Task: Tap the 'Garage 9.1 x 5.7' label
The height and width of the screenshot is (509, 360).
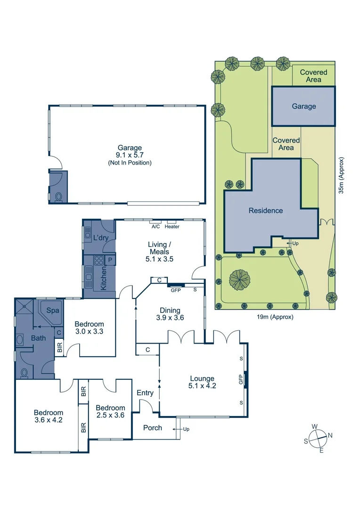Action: pyautogui.click(x=130, y=155)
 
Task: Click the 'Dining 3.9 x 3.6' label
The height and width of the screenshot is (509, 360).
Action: pyautogui.click(x=170, y=314)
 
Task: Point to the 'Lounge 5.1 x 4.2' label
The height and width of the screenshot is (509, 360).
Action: pyautogui.click(x=202, y=382)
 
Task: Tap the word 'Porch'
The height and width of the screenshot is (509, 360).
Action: pyautogui.click(x=152, y=428)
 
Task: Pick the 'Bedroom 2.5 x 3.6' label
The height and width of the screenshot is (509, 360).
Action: pyautogui.click(x=110, y=411)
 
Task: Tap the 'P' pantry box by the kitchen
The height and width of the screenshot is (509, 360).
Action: pyautogui.click(x=110, y=260)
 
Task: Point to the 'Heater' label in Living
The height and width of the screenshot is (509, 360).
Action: pyautogui.click(x=172, y=227)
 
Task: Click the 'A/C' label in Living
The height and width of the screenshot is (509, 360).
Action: pyautogui.click(x=155, y=227)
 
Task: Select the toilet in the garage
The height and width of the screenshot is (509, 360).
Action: pyautogui.click(x=59, y=197)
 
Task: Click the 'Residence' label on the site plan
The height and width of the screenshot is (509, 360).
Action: pyautogui.click(x=266, y=211)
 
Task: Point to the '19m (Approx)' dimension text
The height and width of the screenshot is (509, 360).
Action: pyautogui.click(x=275, y=317)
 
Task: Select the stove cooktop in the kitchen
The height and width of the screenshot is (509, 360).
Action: pyautogui.click(x=99, y=260)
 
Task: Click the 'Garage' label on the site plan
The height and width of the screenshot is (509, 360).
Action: pyautogui.click(x=304, y=107)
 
